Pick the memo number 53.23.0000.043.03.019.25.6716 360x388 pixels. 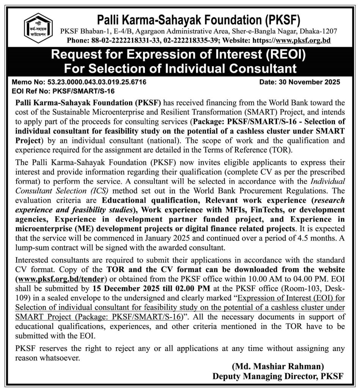[x=96, y=82]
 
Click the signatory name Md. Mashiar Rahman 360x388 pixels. [x=278, y=366]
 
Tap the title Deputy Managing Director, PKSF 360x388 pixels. [x=278, y=376]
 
